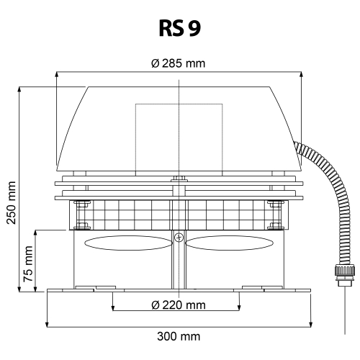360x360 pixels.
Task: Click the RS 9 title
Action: [x=179, y=28]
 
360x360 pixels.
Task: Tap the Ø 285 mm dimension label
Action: [x=179, y=63]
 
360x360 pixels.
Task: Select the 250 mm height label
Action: [x=12, y=203]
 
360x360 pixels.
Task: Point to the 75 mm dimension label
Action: [x=28, y=264]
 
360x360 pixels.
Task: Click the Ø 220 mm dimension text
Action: [x=179, y=305]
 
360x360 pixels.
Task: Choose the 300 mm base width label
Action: [x=179, y=336]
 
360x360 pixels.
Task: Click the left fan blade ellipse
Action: [x=128, y=243]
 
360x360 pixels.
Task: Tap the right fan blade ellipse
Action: [x=230, y=243]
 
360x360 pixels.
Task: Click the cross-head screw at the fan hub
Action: [x=179, y=238]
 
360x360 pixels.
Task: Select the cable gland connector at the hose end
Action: [x=345, y=275]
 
